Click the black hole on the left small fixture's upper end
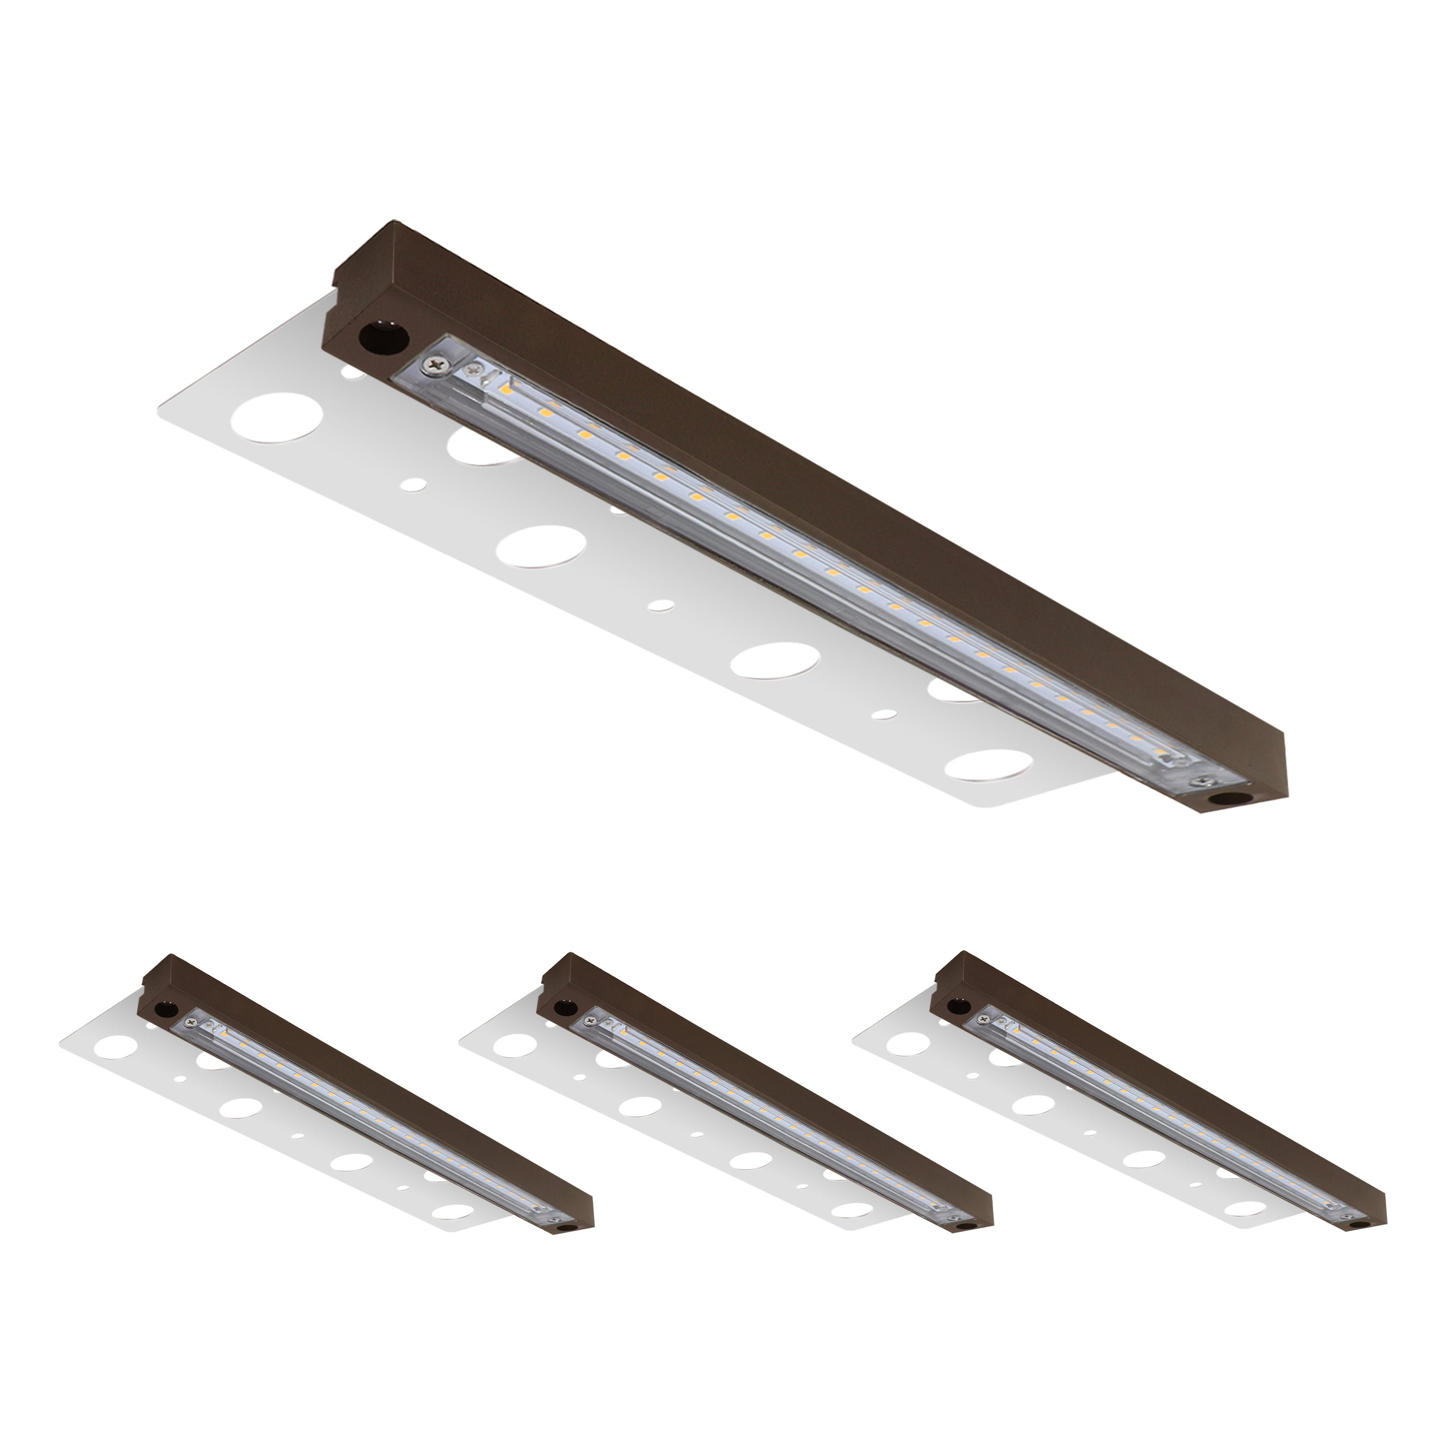coord(163,1010)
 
